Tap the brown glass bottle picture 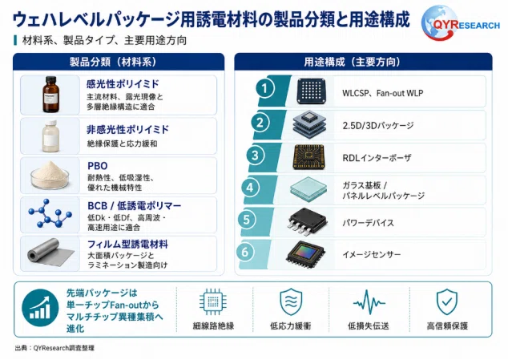pyautogui.click(x=50, y=95)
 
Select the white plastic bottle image pyautogui.click(x=50, y=136)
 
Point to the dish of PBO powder pyautogui.click(x=50, y=176)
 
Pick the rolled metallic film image pyautogui.click(x=50, y=253)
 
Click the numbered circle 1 pyautogui.click(x=264, y=88)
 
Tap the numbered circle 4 pyautogui.click(x=250, y=188)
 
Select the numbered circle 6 pyautogui.click(x=245, y=252)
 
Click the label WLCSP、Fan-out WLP pyautogui.click(x=383, y=93)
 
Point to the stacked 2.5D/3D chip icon pyautogui.click(x=309, y=124)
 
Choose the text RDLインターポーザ pyautogui.click(x=377, y=158)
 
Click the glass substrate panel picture pyautogui.click(x=308, y=189)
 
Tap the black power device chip pyautogui.click(x=308, y=222)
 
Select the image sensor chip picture pyautogui.click(x=305, y=255)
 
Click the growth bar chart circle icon pyautogui.click(x=40, y=308)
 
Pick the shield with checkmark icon pyautogui.click(x=447, y=302)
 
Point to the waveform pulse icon pyautogui.click(x=369, y=302)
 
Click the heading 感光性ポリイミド pyautogui.click(x=123, y=84)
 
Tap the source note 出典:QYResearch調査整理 pyautogui.click(x=54, y=348)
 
